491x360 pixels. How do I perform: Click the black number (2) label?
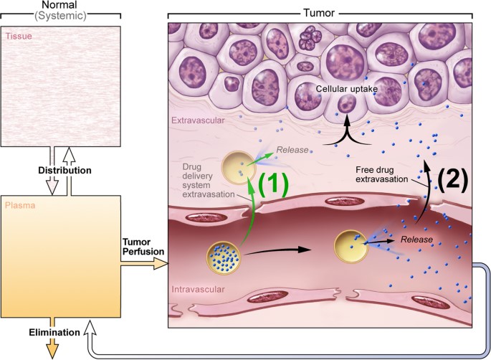pos(452,176)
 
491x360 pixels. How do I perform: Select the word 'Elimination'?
pos(54,332)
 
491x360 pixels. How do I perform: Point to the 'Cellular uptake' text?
pos(348,89)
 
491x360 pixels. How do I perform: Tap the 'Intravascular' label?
pos(196,290)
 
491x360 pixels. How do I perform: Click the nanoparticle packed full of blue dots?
pos(223,259)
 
